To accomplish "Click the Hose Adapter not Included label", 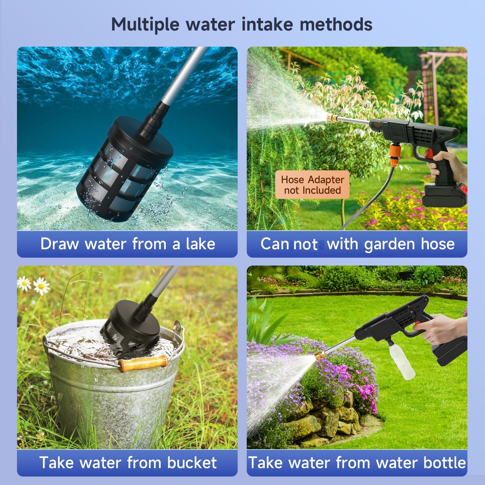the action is click(x=313, y=185).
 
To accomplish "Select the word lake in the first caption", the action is click(x=201, y=244).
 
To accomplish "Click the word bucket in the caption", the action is click(x=192, y=463).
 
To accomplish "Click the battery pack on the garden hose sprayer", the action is click(x=445, y=195).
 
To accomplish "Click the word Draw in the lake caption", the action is click(x=60, y=244).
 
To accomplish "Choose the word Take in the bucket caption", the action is click(x=57, y=463).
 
